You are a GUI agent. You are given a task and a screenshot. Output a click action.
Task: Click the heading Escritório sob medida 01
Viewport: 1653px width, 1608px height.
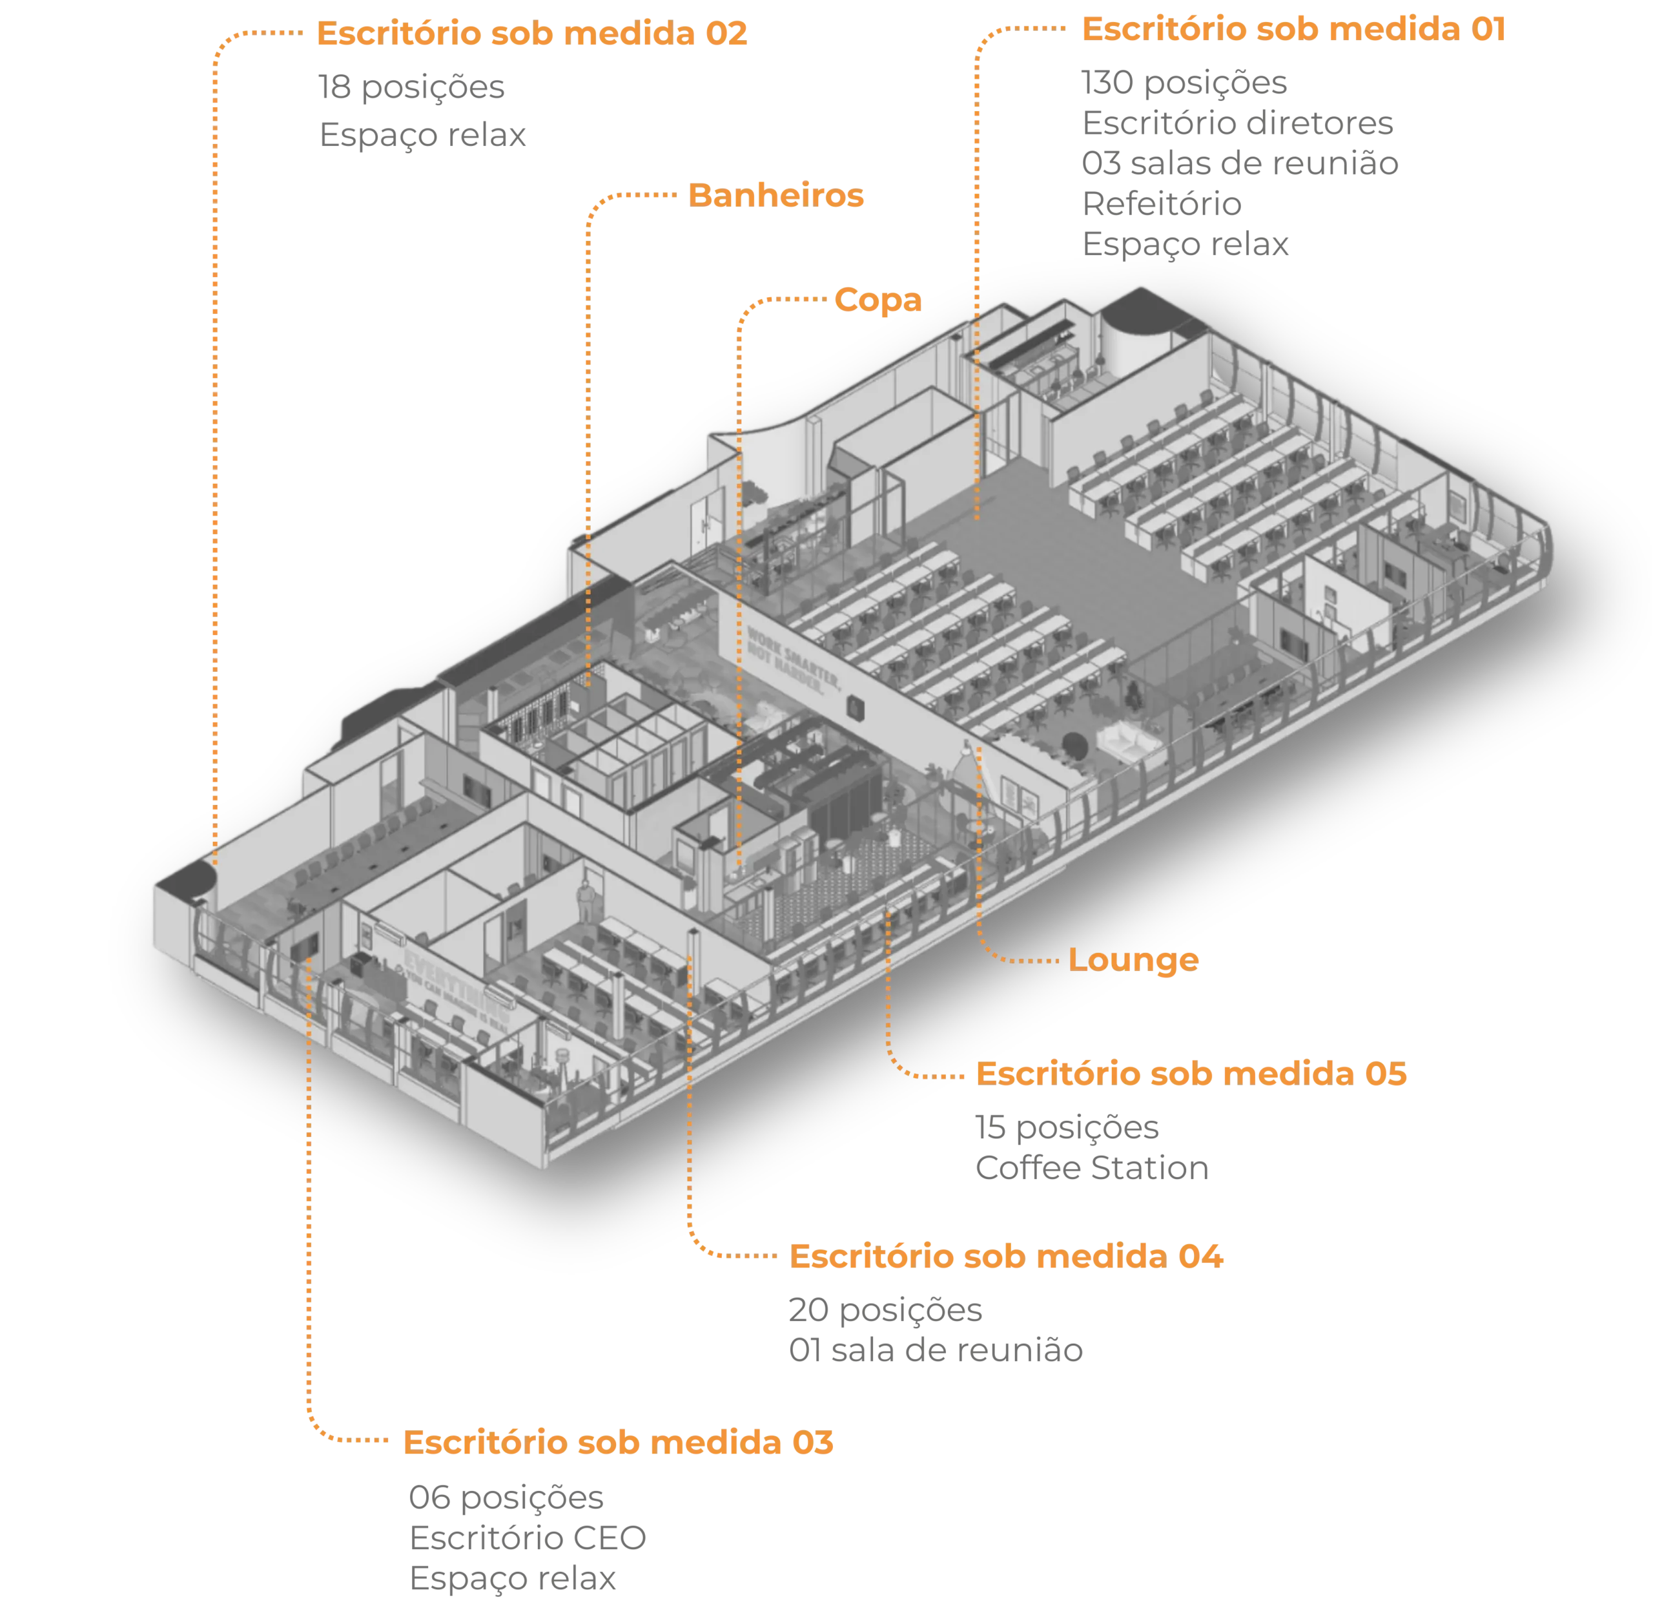[1293, 30]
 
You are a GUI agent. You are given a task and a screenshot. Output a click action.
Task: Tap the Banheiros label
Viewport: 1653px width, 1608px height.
[776, 196]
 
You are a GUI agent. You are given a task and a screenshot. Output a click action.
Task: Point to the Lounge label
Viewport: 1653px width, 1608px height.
[1133, 960]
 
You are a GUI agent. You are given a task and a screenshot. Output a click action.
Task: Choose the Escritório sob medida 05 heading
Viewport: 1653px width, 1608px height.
[1191, 1074]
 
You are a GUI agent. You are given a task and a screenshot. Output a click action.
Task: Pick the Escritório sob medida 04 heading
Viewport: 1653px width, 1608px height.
[1005, 1257]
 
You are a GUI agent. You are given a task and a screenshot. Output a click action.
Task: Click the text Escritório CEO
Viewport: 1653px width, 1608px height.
[527, 1539]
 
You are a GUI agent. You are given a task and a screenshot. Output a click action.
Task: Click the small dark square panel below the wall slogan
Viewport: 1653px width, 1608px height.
[856, 706]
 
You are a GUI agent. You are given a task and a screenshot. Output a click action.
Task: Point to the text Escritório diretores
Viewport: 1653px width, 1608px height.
[1238, 124]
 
